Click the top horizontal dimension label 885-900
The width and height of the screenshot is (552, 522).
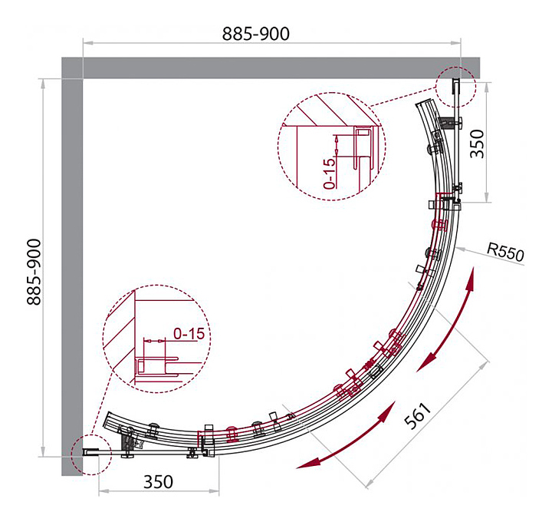click(x=256, y=34)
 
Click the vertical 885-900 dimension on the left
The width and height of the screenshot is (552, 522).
click(x=34, y=272)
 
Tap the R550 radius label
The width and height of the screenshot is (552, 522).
click(x=505, y=252)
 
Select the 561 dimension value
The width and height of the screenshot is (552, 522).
click(x=418, y=416)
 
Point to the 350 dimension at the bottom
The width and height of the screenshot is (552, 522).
click(x=158, y=482)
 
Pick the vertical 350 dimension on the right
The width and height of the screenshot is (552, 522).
click(x=478, y=144)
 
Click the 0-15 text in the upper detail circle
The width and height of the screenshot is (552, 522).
click(x=329, y=173)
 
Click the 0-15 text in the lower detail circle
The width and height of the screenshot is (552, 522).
click(x=189, y=333)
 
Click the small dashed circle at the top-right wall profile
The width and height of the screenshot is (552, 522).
click(x=455, y=87)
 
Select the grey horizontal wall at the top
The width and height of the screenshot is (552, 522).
click(x=271, y=68)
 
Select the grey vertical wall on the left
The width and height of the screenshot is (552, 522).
click(x=72, y=266)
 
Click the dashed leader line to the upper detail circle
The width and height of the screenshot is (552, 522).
click(x=402, y=97)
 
